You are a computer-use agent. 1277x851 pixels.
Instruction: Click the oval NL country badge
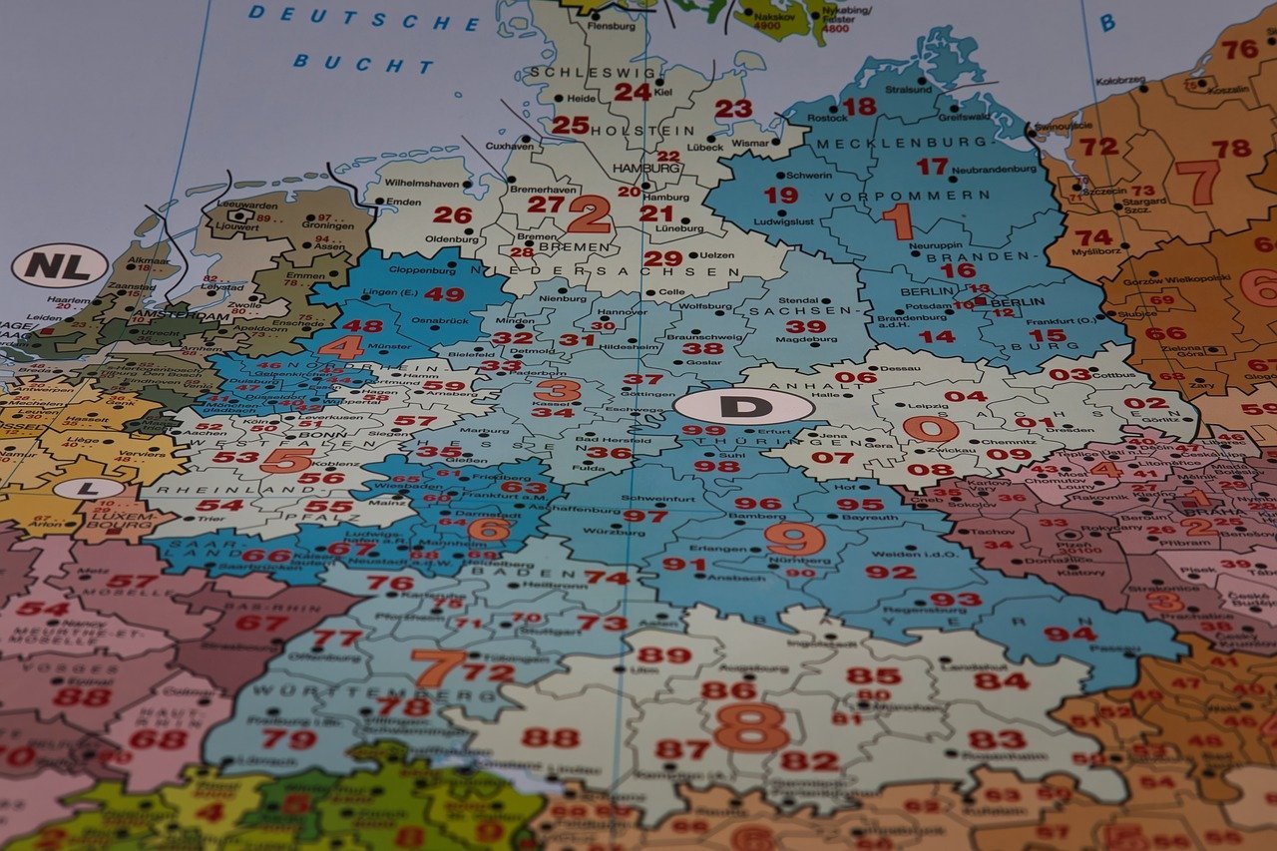click(x=59, y=265)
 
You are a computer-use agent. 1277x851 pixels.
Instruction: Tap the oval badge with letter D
click(x=743, y=406)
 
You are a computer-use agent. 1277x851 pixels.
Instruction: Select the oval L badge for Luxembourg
click(x=89, y=489)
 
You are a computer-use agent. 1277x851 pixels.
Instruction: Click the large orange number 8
click(x=751, y=726)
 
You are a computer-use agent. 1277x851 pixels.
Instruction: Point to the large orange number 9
click(x=794, y=539)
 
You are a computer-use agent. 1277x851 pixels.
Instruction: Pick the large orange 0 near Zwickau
click(x=930, y=430)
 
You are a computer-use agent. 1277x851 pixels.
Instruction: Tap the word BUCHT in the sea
click(x=363, y=64)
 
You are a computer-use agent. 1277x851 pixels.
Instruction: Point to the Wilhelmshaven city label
click(x=422, y=184)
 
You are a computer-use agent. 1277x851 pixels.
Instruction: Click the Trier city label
click(x=212, y=519)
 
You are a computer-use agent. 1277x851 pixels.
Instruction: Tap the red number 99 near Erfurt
click(x=703, y=431)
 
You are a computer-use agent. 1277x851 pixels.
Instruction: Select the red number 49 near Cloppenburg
click(x=444, y=294)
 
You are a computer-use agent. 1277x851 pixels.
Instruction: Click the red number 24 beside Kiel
click(x=632, y=92)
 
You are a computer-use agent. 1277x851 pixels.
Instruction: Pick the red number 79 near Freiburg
click(x=288, y=739)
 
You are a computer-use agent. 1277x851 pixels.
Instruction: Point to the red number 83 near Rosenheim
click(x=997, y=739)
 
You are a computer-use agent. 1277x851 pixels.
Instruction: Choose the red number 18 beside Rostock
click(x=858, y=106)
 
